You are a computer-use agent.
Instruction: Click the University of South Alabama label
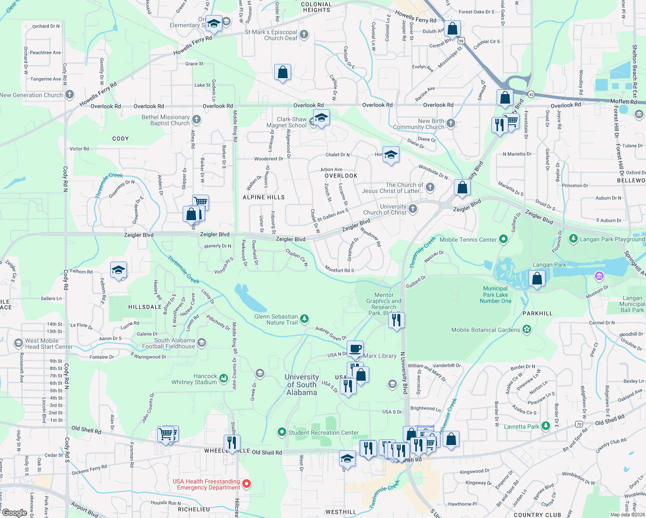tap(301, 385)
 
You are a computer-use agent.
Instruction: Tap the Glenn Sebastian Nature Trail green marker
tap(304, 319)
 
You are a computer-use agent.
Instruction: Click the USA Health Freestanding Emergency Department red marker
tap(247, 484)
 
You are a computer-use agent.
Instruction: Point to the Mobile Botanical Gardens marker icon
tap(526, 330)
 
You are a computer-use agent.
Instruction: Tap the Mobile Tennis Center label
tap(468, 240)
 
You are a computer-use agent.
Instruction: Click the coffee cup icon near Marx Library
tap(355, 349)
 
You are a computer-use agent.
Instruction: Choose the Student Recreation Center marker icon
tap(282, 432)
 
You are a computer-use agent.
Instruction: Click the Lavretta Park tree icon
tap(546, 426)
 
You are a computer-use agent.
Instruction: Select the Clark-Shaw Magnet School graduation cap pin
tap(321, 117)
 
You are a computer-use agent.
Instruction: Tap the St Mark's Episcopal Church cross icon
tap(304, 35)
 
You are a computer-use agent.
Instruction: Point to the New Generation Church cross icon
tap(70, 95)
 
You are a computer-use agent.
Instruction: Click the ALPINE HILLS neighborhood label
tap(263, 197)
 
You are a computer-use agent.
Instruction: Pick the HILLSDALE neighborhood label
tap(145, 307)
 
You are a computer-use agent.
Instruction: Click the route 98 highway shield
tap(461, 41)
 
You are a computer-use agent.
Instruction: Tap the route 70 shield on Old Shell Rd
tap(579, 424)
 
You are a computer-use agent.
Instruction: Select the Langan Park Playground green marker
tap(573, 238)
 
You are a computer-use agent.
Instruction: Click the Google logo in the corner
tap(15, 513)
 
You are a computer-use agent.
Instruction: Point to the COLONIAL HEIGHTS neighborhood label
tap(317, 7)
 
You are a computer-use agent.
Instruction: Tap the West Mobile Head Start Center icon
tap(18, 343)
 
